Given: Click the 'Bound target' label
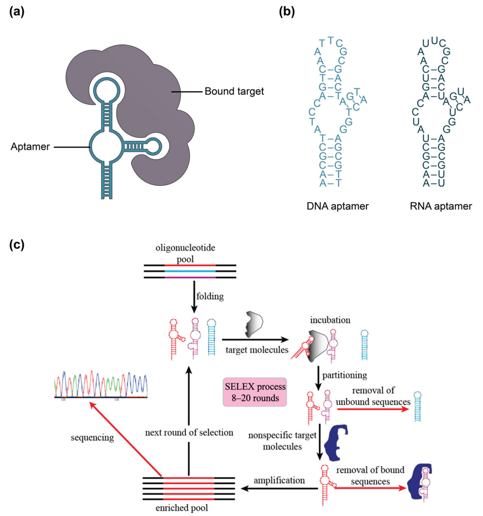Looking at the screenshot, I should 234,91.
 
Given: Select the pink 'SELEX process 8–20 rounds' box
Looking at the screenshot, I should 255,392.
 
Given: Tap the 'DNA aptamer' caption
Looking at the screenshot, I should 337,206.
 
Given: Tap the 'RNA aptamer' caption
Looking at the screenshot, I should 441,206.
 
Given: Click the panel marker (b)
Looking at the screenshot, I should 287,12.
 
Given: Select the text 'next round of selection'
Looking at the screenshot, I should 189,432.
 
